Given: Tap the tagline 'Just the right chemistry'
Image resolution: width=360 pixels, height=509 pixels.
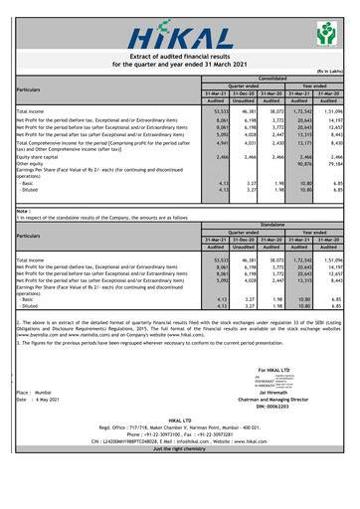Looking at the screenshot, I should coord(179,504).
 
